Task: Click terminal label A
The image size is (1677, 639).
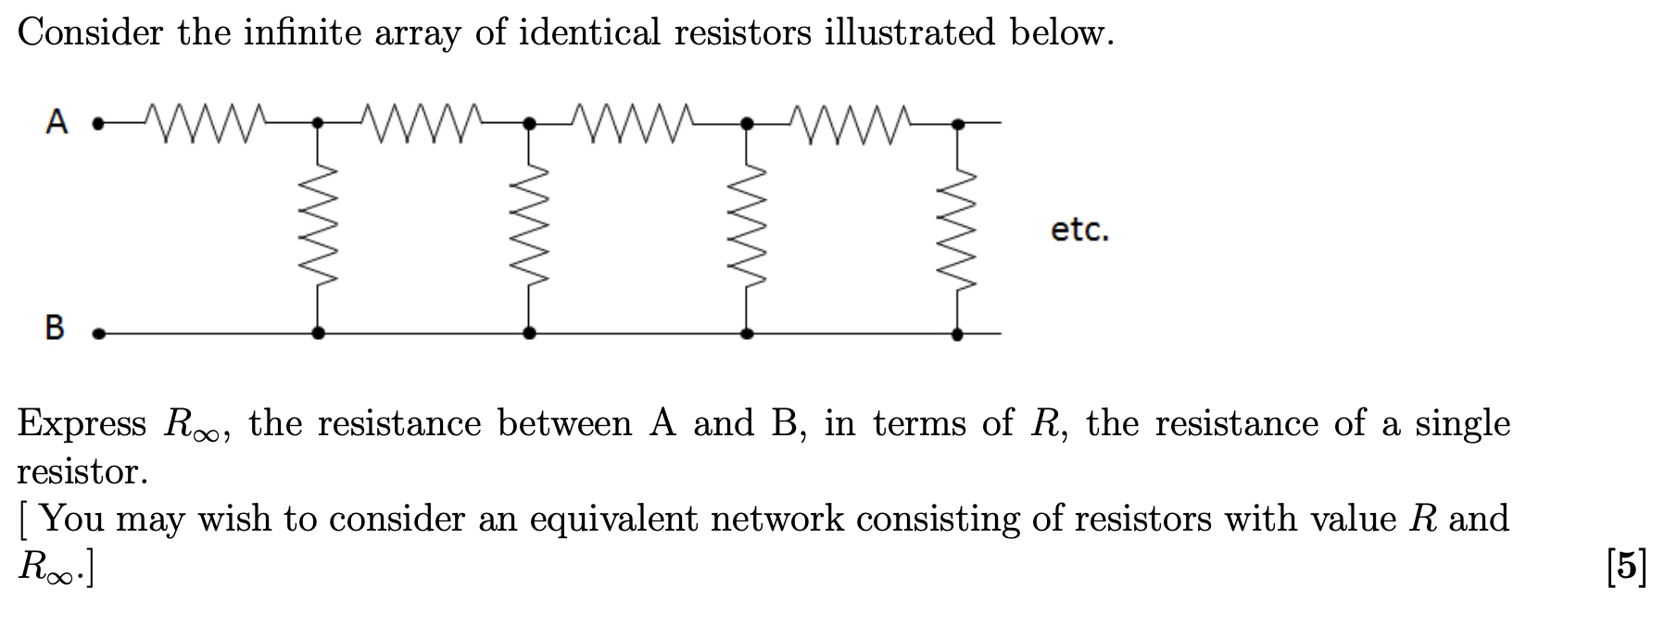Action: click(x=57, y=121)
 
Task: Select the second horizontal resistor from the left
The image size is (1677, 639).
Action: click(x=423, y=121)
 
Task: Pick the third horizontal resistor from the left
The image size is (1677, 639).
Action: click(x=635, y=121)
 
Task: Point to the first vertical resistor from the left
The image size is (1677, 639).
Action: click(x=318, y=227)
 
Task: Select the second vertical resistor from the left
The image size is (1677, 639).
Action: click(x=529, y=227)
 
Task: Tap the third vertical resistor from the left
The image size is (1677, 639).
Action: click(x=747, y=227)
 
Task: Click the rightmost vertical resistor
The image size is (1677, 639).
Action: click(x=958, y=227)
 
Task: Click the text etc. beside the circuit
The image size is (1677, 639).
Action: click(x=1079, y=230)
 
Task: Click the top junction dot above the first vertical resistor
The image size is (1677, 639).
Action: click(x=318, y=121)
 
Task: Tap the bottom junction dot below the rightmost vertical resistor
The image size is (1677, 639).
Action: click(x=958, y=332)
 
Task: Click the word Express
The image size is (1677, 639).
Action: click(x=82, y=424)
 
